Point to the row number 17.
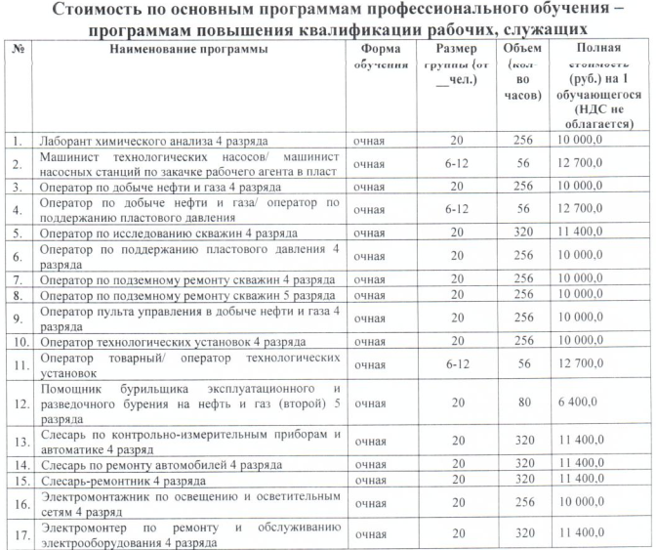point(17,534)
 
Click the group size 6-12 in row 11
point(456,364)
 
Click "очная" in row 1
point(370,141)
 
